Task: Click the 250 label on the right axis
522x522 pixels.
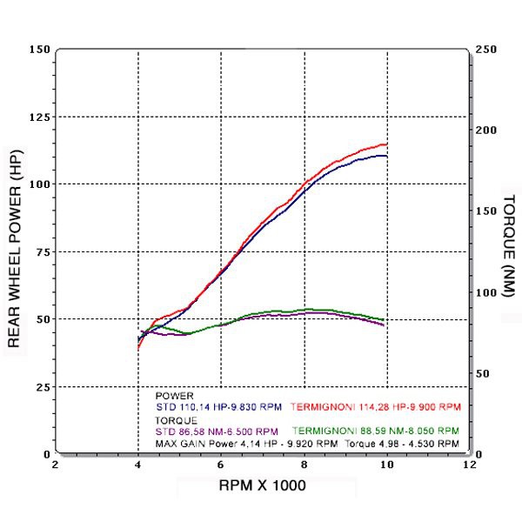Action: pyautogui.click(x=486, y=49)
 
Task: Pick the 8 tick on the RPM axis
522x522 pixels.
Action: pyautogui.click(x=304, y=465)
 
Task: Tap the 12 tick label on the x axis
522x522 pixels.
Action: pyautogui.click(x=469, y=465)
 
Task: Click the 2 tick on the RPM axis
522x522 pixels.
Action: pyautogui.click(x=56, y=465)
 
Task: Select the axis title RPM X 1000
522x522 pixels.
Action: pyautogui.click(x=262, y=485)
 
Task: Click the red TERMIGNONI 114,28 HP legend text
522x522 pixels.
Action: pyautogui.click(x=375, y=406)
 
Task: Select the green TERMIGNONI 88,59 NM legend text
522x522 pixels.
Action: pyautogui.click(x=375, y=431)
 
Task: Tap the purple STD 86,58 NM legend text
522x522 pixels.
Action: pyautogui.click(x=217, y=431)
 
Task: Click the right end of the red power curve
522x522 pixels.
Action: pyautogui.click(x=386, y=144)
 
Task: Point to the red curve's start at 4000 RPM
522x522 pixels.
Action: pyautogui.click(x=139, y=347)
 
